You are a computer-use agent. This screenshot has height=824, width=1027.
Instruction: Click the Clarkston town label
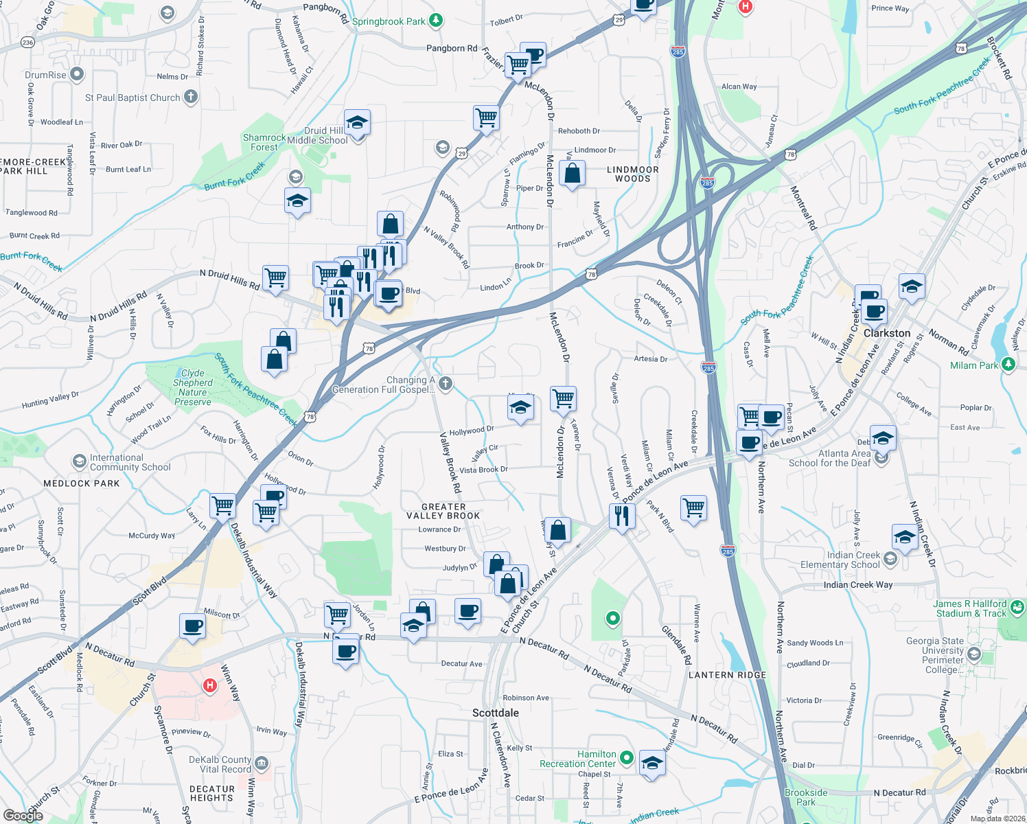coord(887,333)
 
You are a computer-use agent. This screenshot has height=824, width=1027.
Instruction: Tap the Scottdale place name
coord(496,713)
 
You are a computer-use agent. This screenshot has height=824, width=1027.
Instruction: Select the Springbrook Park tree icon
coord(436,21)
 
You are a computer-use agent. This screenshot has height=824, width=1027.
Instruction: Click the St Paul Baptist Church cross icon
coord(191,98)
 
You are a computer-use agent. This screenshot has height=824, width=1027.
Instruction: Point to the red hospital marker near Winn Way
coord(210,685)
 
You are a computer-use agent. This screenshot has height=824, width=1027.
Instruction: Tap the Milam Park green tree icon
coord(1008,365)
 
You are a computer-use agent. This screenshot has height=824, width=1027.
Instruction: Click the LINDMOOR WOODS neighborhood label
coord(632,174)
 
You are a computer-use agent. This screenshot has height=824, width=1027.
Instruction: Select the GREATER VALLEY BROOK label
coord(443,511)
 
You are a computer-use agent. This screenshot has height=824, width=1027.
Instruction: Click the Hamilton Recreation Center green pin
coord(626,758)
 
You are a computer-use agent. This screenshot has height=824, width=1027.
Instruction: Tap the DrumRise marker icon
coord(77,74)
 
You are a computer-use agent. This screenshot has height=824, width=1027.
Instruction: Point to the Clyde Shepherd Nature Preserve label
coord(193,387)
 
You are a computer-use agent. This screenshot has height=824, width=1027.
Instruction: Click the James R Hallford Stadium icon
coord(1017,607)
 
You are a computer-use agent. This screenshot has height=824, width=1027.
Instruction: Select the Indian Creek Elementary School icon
coord(890,559)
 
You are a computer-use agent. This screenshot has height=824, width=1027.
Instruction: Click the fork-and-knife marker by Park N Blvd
coord(622,515)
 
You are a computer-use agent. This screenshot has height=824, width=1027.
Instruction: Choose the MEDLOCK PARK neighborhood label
coord(82,483)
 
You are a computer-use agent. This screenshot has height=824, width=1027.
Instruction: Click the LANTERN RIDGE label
coord(727,675)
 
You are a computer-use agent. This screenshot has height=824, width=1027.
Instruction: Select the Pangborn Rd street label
coord(452,48)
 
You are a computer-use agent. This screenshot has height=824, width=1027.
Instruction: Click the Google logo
coord(23,815)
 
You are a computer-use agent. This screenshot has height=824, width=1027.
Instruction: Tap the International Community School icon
coord(80,460)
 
